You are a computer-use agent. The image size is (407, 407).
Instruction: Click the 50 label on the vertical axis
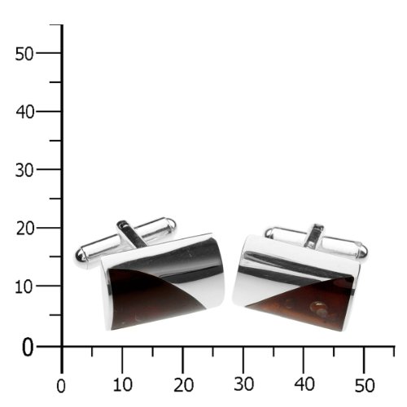pyautogui.click(x=24, y=54)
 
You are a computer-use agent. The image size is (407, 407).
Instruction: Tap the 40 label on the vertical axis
pyautogui.click(x=25, y=112)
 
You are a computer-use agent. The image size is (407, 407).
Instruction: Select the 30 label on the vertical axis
pyautogui.click(x=24, y=171)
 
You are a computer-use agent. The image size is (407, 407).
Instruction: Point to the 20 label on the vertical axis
pyautogui.click(x=25, y=229)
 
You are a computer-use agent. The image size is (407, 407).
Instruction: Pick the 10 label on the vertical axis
pyautogui.click(x=24, y=287)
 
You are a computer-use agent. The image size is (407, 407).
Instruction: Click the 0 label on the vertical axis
pyautogui.click(x=28, y=348)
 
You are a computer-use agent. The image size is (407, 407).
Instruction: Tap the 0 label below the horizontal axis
pyautogui.click(x=61, y=386)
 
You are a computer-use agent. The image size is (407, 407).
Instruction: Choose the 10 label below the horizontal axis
pyautogui.click(x=123, y=384)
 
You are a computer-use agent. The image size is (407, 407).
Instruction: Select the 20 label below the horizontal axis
pyautogui.click(x=184, y=385)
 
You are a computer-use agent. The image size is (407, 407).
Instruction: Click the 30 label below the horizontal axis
pyautogui.click(x=244, y=384)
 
